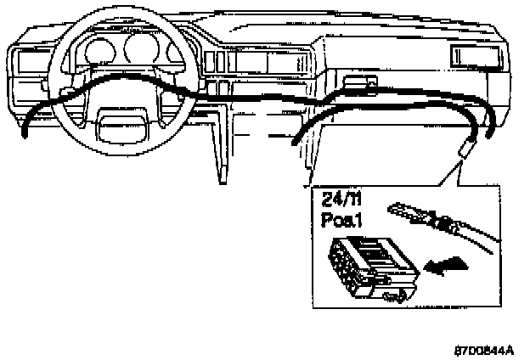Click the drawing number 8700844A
(483, 349)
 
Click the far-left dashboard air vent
(29, 61)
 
